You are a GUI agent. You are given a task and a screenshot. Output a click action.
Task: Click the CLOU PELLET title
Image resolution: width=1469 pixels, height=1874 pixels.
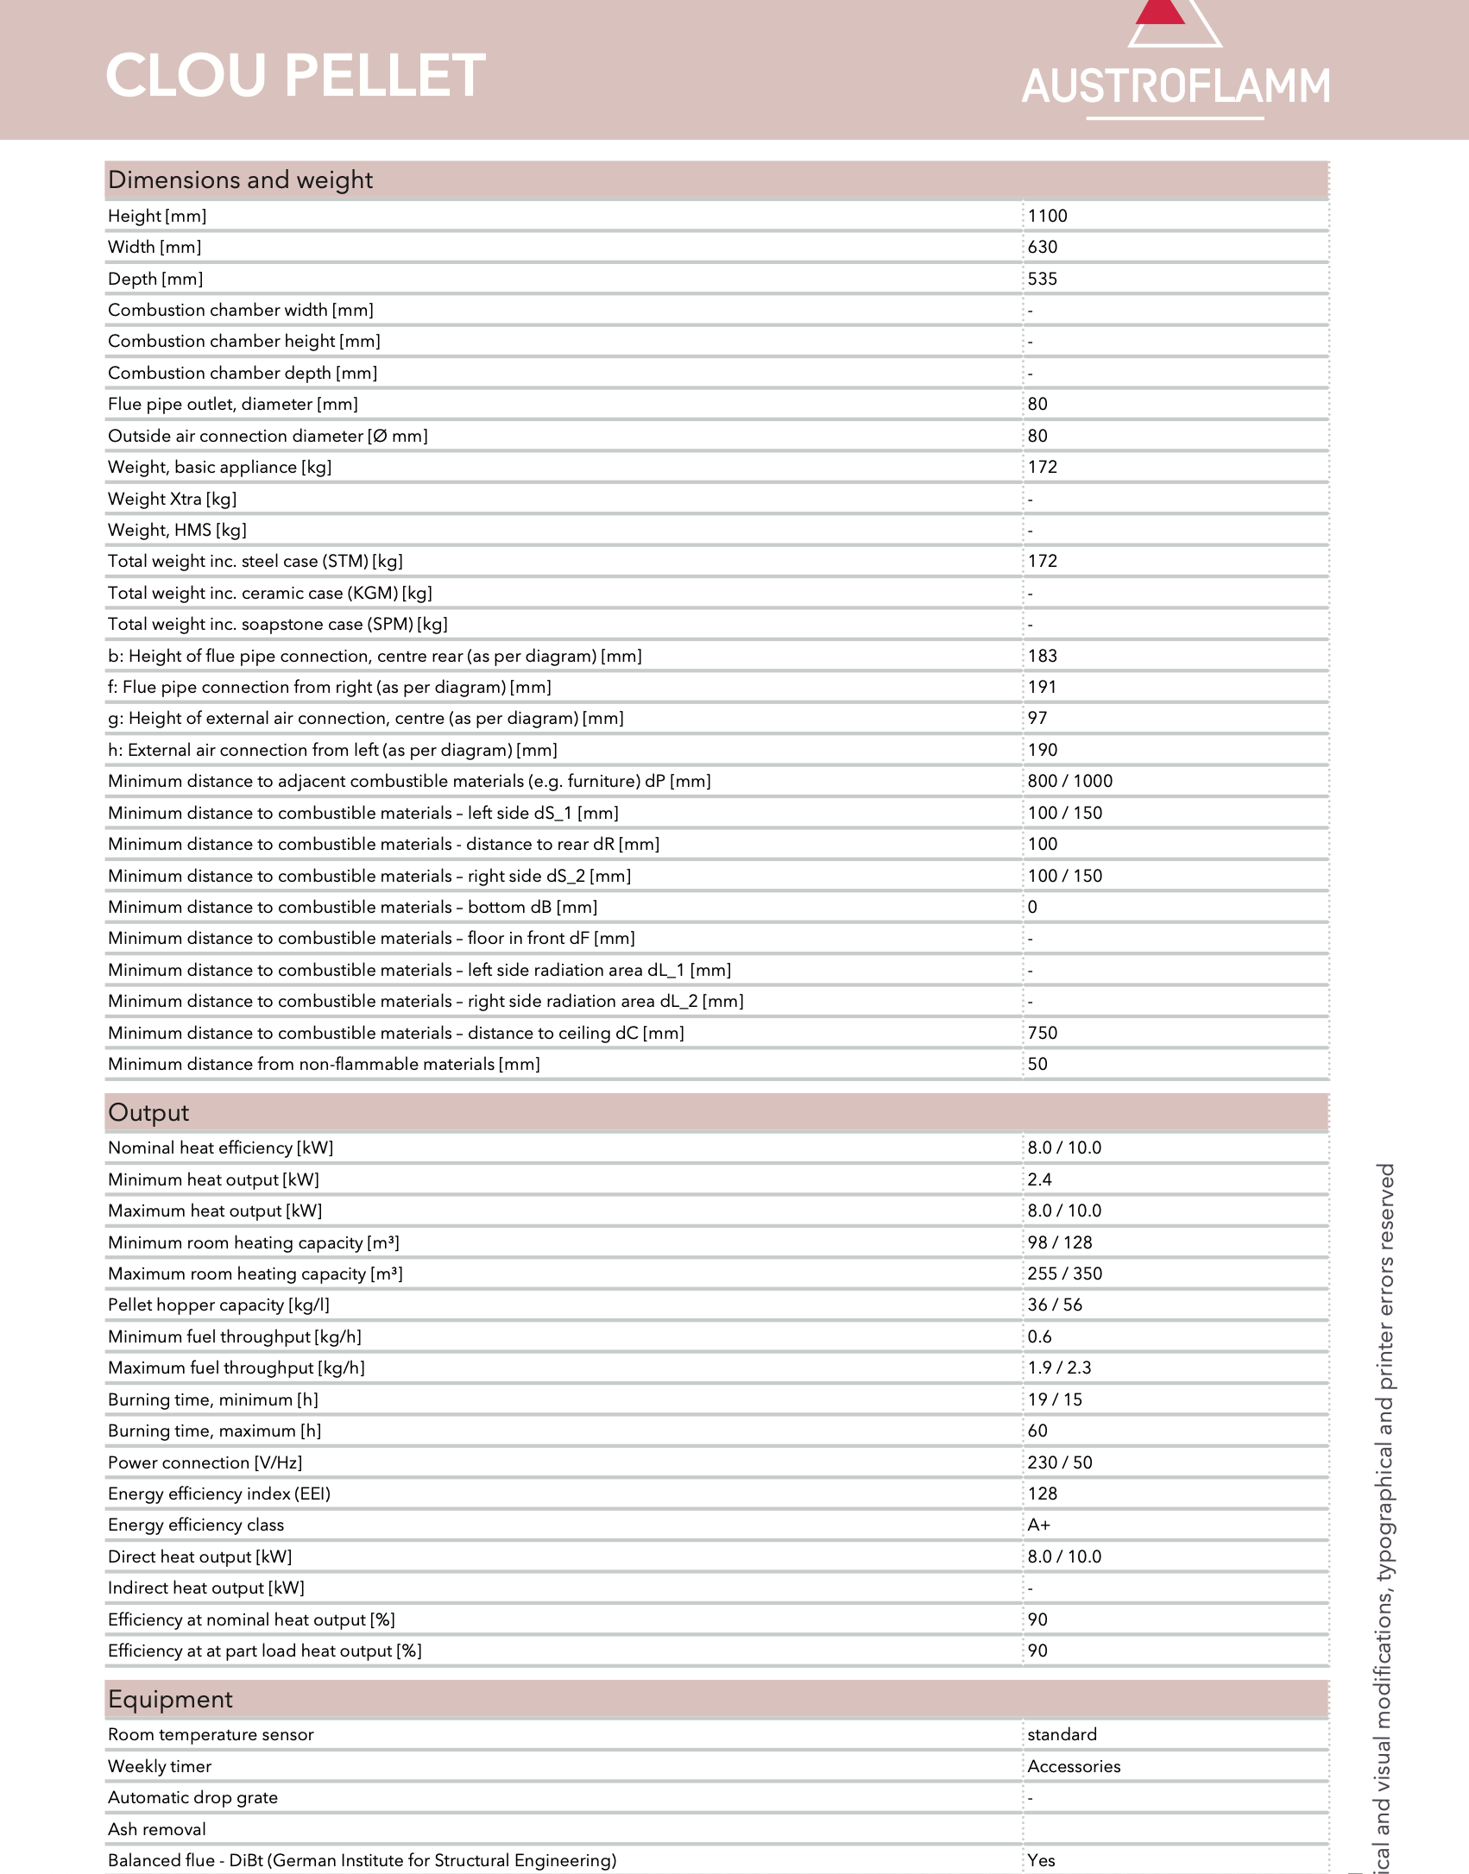[x=295, y=75]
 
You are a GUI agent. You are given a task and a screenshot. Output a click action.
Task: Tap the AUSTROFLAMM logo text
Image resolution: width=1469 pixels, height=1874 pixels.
[x=1176, y=87]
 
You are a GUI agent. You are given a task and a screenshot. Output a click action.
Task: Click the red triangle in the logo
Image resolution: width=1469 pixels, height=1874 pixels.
[x=1161, y=12]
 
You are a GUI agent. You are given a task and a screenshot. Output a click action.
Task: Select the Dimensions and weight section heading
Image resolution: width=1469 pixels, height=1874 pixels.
[x=240, y=179]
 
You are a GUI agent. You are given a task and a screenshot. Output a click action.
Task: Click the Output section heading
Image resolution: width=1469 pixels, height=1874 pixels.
[x=148, y=1112]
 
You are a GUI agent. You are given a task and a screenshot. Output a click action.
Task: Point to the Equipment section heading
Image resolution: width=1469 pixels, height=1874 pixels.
[x=170, y=1699]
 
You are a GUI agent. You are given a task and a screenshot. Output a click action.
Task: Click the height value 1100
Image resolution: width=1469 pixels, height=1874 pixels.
[x=1047, y=216]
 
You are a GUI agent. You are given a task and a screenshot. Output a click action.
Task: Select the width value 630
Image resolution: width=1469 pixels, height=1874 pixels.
[x=1042, y=247]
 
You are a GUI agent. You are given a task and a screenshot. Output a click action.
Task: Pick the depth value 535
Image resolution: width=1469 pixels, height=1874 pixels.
[x=1042, y=279]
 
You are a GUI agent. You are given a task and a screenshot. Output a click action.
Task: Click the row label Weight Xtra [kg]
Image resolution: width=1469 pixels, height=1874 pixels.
[x=172, y=499]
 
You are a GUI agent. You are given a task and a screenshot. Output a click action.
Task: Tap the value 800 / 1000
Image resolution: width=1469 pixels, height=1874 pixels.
[x=1069, y=781]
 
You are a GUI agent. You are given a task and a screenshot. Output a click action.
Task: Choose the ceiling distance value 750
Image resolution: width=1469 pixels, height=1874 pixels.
[x=1042, y=1033]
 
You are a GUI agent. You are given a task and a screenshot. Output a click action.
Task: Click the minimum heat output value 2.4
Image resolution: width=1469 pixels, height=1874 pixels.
[x=1039, y=1179]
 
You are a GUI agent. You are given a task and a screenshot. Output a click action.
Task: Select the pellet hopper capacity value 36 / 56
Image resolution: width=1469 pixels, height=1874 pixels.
[x=1054, y=1305]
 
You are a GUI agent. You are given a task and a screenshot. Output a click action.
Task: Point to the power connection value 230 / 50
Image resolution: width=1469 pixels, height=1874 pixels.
[x=1059, y=1462]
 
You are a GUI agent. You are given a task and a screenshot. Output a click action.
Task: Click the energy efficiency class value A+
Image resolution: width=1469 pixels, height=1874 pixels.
[x=1038, y=1525]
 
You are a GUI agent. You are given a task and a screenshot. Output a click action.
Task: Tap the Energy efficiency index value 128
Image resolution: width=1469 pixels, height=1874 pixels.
[x=1042, y=1494]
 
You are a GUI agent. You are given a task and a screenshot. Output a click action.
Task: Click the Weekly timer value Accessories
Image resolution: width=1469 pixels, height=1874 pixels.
[x=1074, y=1766]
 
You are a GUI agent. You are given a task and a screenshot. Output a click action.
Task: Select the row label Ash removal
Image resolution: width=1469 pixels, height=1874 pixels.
[x=157, y=1829]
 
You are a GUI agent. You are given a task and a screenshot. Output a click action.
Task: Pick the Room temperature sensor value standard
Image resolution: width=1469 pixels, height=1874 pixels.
[x=1062, y=1734]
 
